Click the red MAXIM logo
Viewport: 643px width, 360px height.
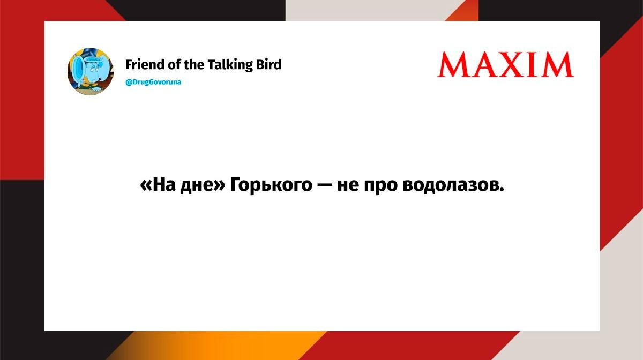pos(506,65)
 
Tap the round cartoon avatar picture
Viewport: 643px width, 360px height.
pos(91,71)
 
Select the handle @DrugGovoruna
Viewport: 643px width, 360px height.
pos(153,82)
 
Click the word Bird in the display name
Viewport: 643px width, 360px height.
pos(268,65)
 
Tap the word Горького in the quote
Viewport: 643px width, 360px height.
pos(271,186)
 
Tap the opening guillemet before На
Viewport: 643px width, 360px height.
pos(146,186)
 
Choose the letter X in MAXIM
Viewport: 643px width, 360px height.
pos(512,65)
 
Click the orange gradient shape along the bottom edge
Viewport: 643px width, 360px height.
pos(218,346)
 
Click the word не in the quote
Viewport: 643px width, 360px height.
pos(348,186)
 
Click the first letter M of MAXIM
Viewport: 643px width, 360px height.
pos(453,65)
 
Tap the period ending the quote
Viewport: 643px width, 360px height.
pos(502,190)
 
